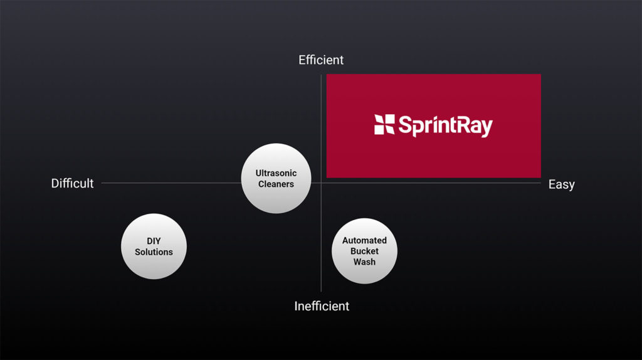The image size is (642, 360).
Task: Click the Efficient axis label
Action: pyautogui.click(x=321, y=60)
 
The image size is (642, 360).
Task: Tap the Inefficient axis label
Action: pyautogui.click(x=322, y=306)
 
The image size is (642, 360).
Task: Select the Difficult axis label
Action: pyautogui.click(x=73, y=183)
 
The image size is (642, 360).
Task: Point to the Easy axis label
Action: pyautogui.click(x=561, y=184)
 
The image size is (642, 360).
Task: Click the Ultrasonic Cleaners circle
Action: pyautogui.click(x=276, y=178)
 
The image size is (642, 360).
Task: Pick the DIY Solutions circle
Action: pyautogui.click(x=154, y=246)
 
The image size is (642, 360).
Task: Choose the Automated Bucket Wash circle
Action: pyautogui.click(x=364, y=251)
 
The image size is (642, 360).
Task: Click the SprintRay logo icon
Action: pyautogui.click(x=384, y=125)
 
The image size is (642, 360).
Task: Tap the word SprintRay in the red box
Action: pyautogui.click(x=446, y=125)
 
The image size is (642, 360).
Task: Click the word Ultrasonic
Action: pyautogui.click(x=276, y=173)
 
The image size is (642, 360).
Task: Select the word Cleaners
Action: pyautogui.click(x=276, y=184)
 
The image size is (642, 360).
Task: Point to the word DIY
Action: pyautogui.click(x=154, y=241)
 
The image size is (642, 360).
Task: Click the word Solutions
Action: pyautogui.click(x=154, y=252)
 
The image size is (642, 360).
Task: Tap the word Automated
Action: pyautogui.click(x=364, y=240)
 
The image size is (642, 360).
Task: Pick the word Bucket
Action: pyautogui.click(x=364, y=251)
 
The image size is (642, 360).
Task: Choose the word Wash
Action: pyautogui.click(x=364, y=262)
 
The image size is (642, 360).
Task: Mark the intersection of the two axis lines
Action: pyautogui.click(x=321, y=183)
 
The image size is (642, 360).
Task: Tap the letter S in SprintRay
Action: pyautogui.click(x=405, y=125)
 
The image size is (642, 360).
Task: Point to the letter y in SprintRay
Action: pyautogui.click(x=487, y=129)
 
